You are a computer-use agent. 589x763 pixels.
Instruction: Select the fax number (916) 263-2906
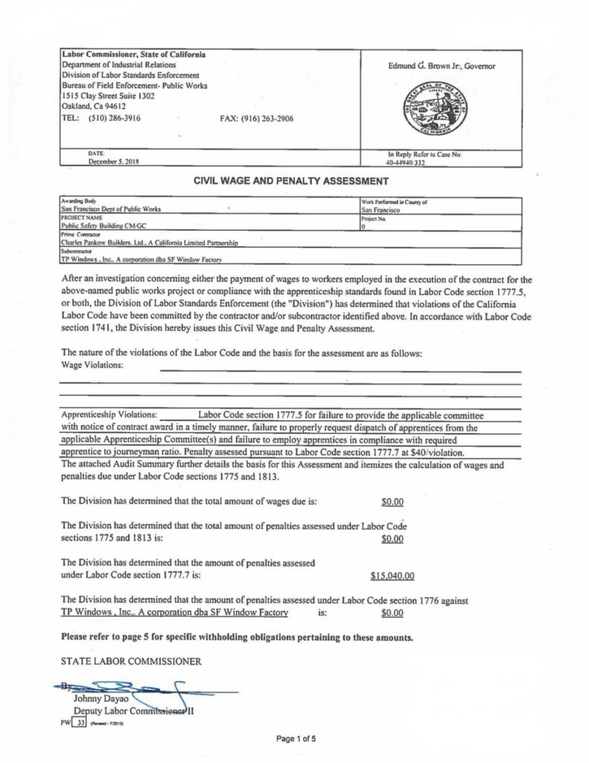(x=257, y=118)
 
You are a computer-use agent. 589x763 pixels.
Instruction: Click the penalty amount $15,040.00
(x=392, y=575)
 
